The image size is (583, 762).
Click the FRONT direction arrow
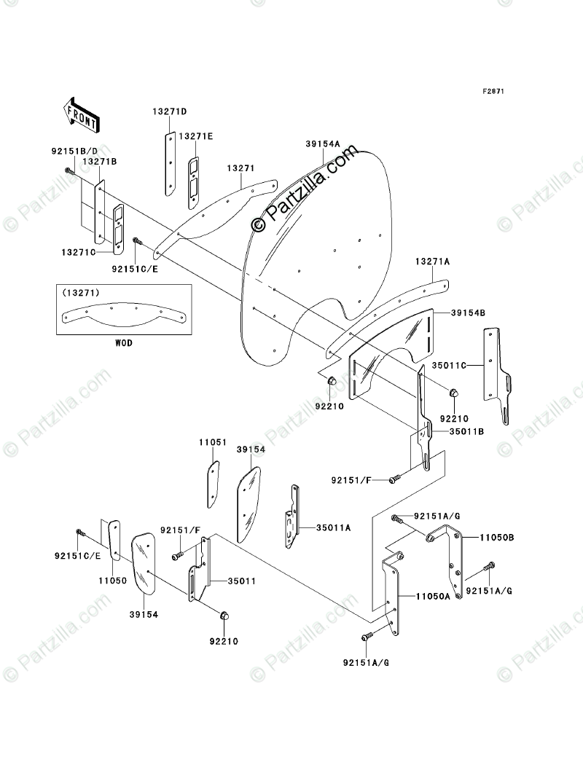pyautogui.click(x=82, y=113)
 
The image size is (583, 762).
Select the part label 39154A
pyautogui.click(x=323, y=144)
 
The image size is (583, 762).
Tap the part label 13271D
pyautogui.click(x=170, y=111)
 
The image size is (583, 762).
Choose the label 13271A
pyautogui.click(x=433, y=261)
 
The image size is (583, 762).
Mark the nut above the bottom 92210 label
pyautogui.click(x=224, y=617)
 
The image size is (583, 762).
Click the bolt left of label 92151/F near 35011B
pyautogui.click(x=394, y=479)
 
